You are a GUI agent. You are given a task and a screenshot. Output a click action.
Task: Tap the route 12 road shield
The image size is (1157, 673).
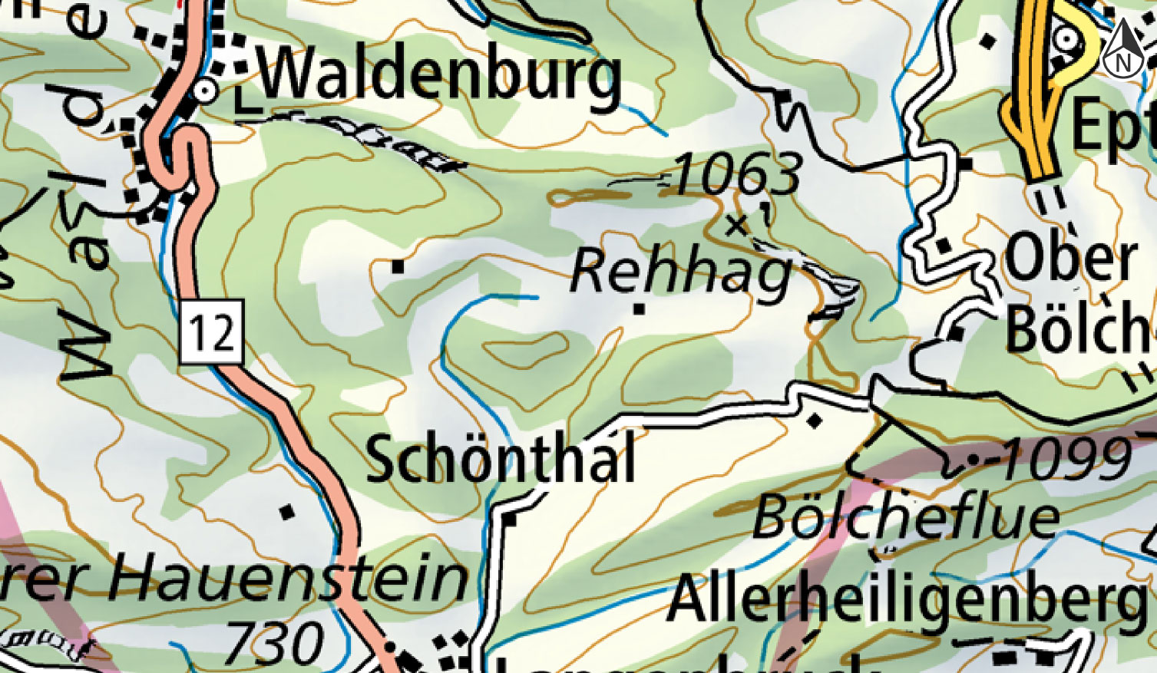point(212,332)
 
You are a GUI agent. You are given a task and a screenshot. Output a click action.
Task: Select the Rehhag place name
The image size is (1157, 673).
point(681,273)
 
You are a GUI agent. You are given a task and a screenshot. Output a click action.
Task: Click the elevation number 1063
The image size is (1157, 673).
point(736,175)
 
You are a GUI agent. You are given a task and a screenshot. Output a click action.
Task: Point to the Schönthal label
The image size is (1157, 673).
point(501,458)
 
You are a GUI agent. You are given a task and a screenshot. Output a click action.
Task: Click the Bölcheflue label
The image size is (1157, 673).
point(906,519)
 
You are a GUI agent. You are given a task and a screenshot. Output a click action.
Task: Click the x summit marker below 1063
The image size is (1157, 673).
point(737,225)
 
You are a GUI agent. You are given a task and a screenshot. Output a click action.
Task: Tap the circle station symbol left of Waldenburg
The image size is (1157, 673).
point(205,91)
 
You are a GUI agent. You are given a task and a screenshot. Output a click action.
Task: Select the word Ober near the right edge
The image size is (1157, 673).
point(1071,259)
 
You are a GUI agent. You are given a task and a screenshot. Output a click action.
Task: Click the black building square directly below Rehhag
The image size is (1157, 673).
point(639,309)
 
